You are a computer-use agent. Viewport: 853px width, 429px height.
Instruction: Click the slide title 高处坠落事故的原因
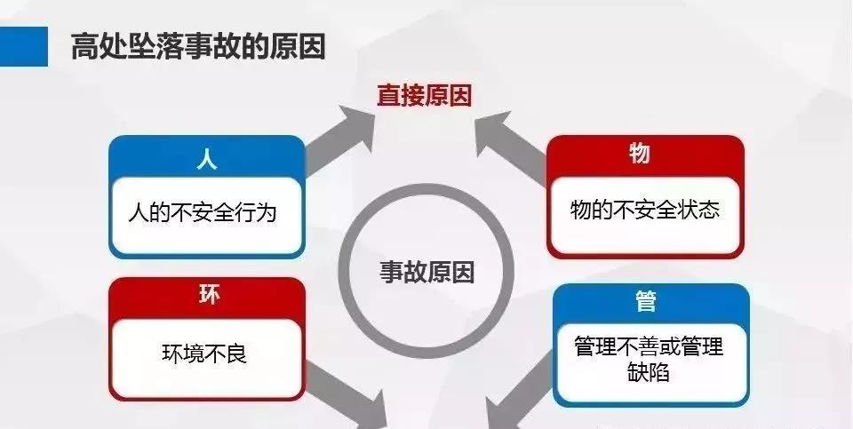coord(198,46)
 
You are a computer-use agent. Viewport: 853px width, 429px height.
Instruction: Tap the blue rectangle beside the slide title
coord(24,47)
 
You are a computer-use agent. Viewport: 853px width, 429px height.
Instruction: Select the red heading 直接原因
coord(425,96)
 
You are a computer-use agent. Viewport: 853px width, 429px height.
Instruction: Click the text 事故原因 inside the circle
coord(426,271)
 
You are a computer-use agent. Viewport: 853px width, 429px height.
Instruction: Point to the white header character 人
coord(207,160)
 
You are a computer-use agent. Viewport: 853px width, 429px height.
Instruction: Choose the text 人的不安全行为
coord(203,211)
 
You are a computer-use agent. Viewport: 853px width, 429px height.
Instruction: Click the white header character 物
coord(641,153)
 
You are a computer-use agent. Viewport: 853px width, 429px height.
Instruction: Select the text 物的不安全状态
coord(645,210)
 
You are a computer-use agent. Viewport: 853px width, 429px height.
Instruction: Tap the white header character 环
coord(209,295)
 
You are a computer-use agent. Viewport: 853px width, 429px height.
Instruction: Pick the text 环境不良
coord(204,354)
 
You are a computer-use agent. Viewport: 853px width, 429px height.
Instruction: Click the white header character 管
coord(646,302)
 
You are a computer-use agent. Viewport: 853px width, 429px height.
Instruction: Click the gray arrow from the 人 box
coord(340,140)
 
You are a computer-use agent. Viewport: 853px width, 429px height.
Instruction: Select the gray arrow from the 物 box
coord(512,144)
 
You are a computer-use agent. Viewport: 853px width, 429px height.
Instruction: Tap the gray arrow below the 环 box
coord(348,396)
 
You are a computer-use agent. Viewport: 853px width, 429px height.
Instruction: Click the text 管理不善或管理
coord(649,346)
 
